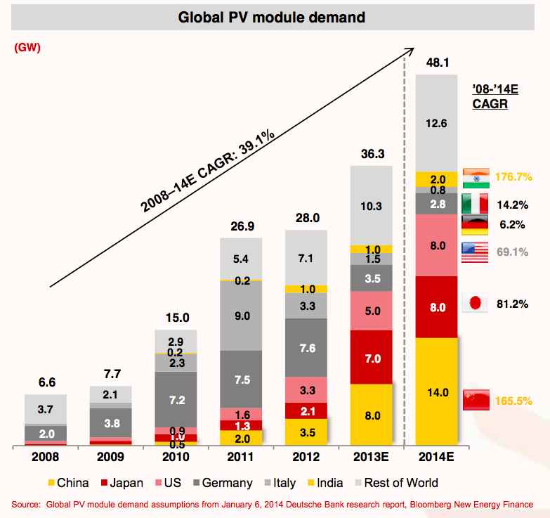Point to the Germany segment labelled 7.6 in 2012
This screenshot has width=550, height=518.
point(307,348)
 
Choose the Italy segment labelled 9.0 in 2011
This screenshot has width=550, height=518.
point(241,316)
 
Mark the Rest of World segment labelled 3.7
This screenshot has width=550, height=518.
point(46,408)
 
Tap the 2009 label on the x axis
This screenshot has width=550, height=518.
point(111,456)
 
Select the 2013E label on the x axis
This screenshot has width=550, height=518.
point(372,456)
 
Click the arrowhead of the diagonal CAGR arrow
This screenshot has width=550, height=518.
point(409,51)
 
